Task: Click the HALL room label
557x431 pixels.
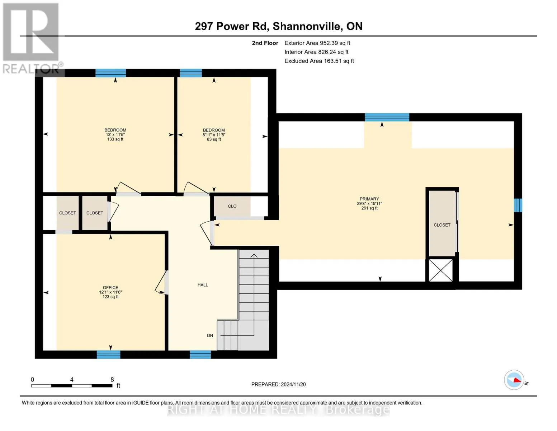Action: click(203, 285)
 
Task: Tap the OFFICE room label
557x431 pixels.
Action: click(110, 287)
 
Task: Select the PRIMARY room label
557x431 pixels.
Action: click(369, 199)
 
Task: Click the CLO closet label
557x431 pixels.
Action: click(232, 206)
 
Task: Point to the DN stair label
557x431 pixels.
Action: click(210, 335)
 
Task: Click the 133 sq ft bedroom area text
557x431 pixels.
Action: click(115, 139)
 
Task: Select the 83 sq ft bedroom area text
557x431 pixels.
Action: click(214, 139)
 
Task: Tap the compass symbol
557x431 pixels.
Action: click(514, 380)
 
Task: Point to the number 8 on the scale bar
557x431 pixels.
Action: click(112, 379)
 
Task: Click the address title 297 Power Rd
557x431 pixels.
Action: click(232, 26)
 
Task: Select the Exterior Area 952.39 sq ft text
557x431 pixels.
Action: click(317, 43)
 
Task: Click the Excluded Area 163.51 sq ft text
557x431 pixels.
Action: click(319, 61)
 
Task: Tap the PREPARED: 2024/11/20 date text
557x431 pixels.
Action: click(278, 384)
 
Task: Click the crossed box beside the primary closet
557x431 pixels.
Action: click(441, 270)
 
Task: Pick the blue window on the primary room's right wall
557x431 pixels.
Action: click(518, 205)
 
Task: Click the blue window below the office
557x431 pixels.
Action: click(108, 354)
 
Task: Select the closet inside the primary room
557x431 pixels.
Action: click(442, 223)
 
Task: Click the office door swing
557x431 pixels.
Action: click(161, 282)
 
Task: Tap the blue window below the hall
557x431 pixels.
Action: click(200, 354)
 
